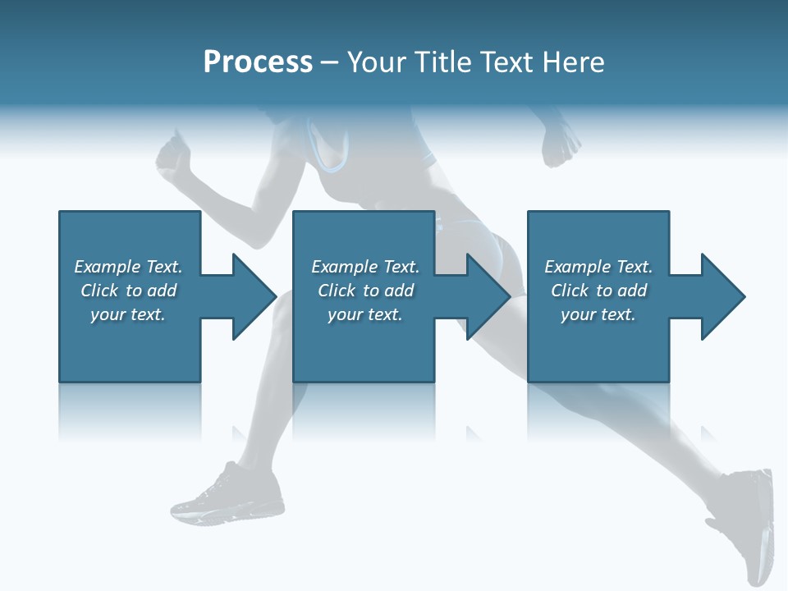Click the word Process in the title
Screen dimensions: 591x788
pyautogui.click(x=258, y=62)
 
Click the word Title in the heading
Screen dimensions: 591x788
pyautogui.click(x=443, y=62)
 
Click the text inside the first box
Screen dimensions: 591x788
pyautogui.click(x=128, y=291)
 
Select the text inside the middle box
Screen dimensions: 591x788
pyautogui.click(x=365, y=291)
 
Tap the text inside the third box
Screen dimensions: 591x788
pyautogui.click(x=598, y=291)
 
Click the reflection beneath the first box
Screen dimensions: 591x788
pyautogui.click(x=130, y=410)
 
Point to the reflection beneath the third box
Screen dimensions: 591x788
pyautogui.click(x=598, y=410)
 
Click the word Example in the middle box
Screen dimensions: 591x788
pyautogui.click(x=344, y=267)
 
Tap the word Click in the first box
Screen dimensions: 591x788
pyautogui.click(x=100, y=291)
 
